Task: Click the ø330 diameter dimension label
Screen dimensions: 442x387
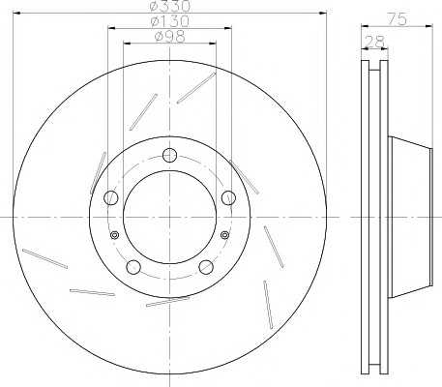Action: point(171,6)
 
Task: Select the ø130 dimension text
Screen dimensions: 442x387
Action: point(170,21)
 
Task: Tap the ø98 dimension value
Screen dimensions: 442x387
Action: point(170,37)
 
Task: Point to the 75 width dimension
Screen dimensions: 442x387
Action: point(398,19)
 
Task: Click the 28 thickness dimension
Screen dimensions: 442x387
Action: point(374,41)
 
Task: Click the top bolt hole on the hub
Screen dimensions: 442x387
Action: point(169,155)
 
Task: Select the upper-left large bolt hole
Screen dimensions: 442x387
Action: point(111,197)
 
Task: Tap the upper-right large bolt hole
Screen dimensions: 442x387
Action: point(228,197)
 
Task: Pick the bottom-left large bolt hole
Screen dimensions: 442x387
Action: point(133,267)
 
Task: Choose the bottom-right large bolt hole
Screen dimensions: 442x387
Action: point(206,267)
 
